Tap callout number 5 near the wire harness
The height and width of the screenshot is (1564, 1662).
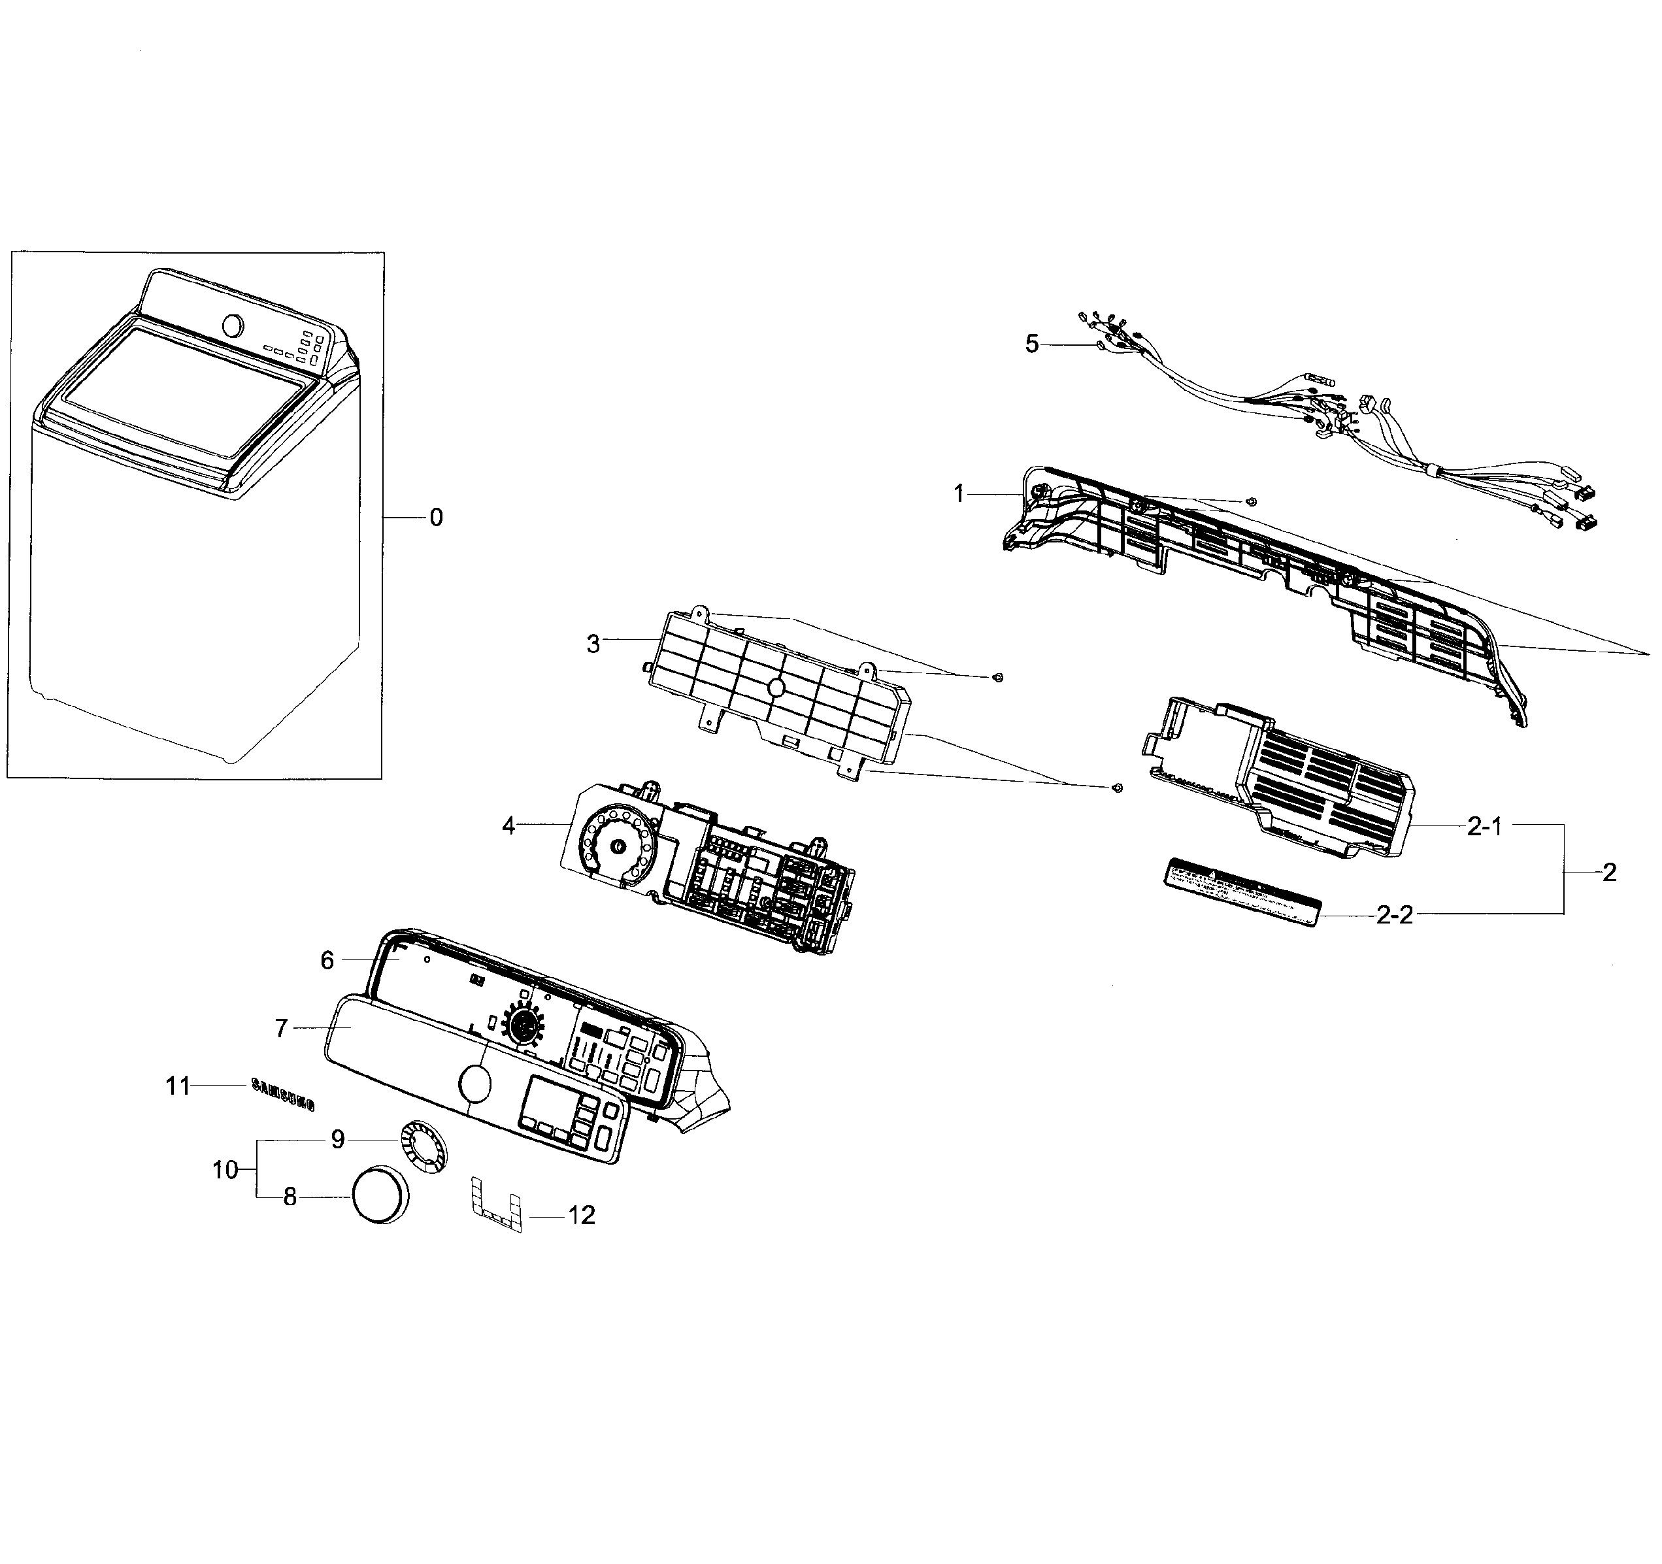[1032, 344]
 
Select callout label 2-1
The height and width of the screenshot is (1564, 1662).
[1485, 827]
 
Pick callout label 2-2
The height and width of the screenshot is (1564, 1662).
[1395, 915]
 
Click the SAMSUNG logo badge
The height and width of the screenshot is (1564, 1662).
[284, 1094]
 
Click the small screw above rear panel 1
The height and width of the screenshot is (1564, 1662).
[1251, 501]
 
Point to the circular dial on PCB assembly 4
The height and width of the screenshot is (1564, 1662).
[620, 846]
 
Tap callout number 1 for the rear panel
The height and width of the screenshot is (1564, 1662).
[959, 494]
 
